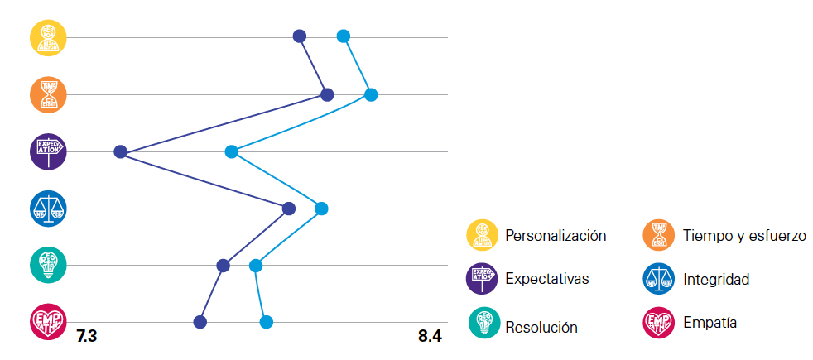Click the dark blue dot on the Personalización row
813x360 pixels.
(x=300, y=36)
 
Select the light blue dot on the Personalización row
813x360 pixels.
(x=344, y=36)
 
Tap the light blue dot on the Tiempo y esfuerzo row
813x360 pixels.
(x=371, y=95)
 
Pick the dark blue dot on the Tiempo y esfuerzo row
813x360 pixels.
(x=327, y=95)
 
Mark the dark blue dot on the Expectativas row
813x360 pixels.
(x=120, y=151)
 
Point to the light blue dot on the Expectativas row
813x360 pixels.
(x=232, y=151)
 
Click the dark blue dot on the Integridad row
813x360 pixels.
(x=289, y=209)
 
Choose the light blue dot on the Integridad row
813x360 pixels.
(x=322, y=209)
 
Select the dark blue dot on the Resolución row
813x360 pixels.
(x=223, y=265)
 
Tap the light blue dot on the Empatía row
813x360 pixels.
(x=267, y=321)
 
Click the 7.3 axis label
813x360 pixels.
(x=87, y=336)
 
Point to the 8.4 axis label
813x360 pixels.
(x=431, y=336)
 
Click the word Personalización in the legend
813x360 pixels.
(x=556, y=236)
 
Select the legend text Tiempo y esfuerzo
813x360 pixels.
(x=744, y=236)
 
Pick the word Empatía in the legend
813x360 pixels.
(x=710, y=322)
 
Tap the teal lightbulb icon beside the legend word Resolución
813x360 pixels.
(x=483, y=323)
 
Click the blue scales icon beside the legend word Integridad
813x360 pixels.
(x=659, y=279)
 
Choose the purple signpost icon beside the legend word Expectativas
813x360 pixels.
(x=483, y=279)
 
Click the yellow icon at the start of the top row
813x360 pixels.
(x=48, y=37)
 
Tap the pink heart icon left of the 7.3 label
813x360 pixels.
(x=48, y=321)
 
